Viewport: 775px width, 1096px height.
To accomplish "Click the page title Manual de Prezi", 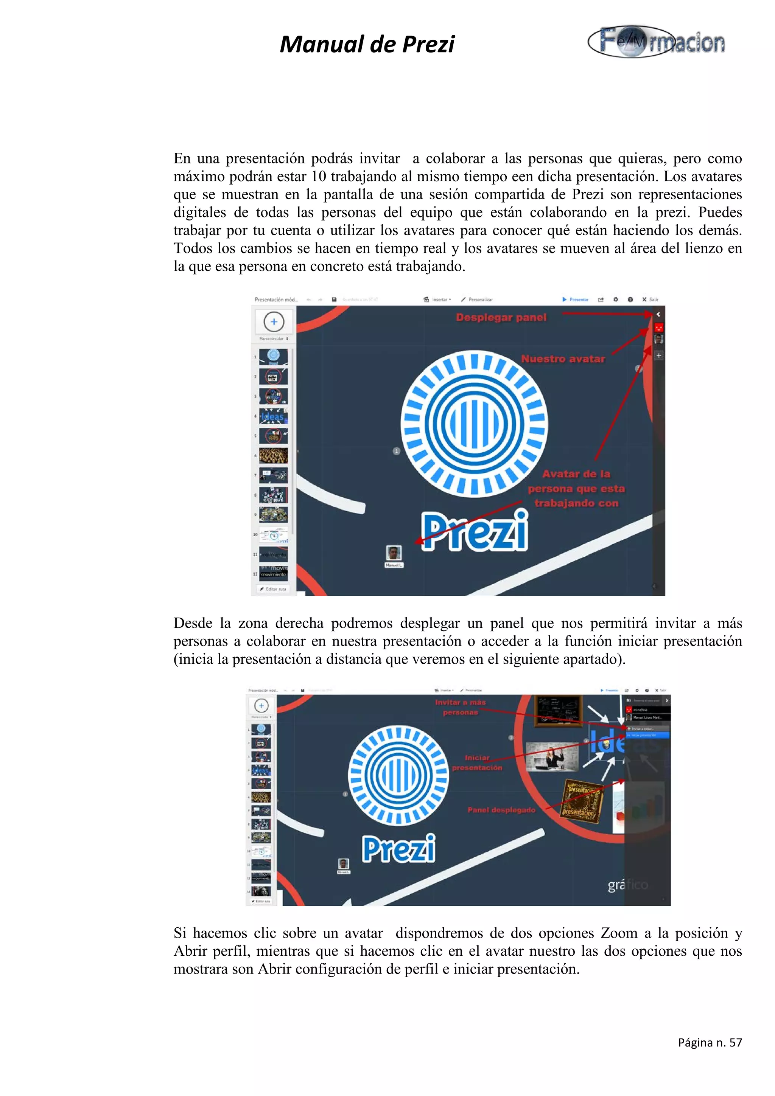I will coord(367,44).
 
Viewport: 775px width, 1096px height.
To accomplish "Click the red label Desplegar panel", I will coord(501,317).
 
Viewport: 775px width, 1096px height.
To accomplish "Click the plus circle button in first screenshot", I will coord(274,322).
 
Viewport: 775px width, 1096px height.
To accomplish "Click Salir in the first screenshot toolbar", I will coord(651,299).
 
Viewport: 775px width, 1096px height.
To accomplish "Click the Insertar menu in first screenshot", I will coord(438,299).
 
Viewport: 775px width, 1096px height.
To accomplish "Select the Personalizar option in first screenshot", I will coord(477,299).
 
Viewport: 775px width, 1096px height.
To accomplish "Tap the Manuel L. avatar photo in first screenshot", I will coord(394,553).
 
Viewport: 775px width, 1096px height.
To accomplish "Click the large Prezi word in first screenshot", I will coord(475,531).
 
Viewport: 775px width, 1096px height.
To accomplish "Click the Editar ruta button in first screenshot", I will coord(273,589).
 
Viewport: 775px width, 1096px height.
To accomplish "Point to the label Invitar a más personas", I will coord(460,707).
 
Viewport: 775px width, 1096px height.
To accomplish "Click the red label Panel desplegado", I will coord(501,810).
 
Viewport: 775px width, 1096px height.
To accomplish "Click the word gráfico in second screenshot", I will coord(627,885).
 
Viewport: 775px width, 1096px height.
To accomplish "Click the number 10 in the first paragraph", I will coord(319,176).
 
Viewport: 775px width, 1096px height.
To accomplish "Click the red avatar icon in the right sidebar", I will coord(658,328).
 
